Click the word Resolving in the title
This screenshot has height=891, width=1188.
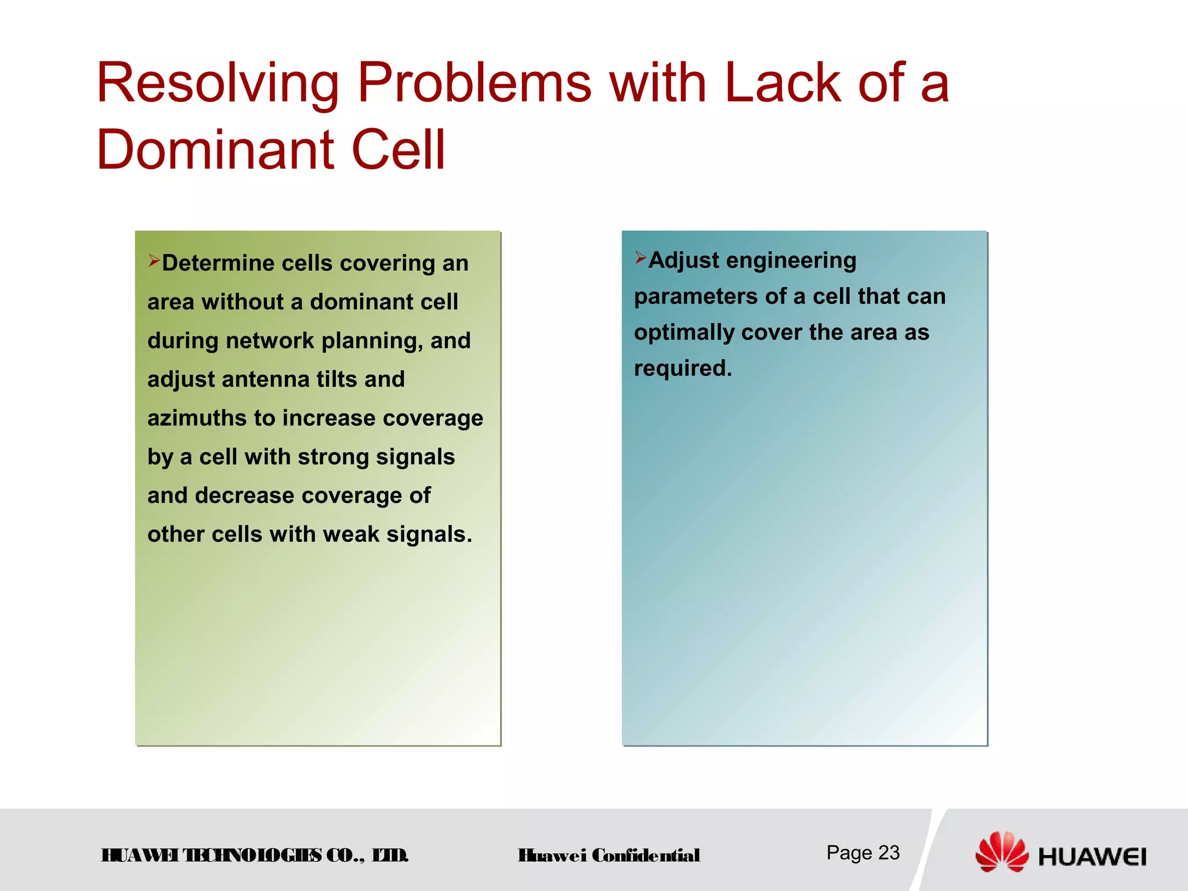click(218, 84)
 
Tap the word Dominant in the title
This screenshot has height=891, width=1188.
click(215, 150)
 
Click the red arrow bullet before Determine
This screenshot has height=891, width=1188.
click(154, 260)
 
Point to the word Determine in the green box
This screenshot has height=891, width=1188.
click(218, 263)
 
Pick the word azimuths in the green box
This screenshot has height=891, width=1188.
click(197, 418)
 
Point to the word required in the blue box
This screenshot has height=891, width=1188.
click(682, 368)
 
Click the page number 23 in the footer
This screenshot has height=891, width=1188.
click(889, 853)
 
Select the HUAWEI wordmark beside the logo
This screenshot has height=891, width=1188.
click(1092, 857)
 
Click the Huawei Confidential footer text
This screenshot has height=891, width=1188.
click(609, 856)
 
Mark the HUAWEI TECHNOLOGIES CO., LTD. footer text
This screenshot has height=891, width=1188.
click(255, 856)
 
